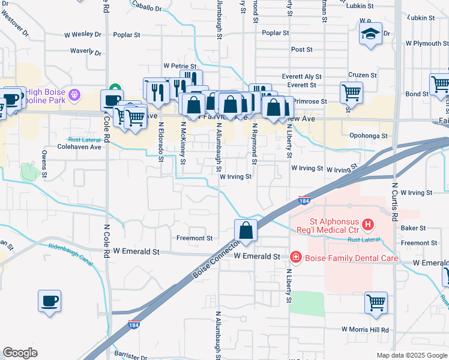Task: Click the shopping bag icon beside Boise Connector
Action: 246,230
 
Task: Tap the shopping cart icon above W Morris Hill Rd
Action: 376,303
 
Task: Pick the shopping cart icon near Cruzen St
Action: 351,93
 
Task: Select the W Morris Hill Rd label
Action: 365,330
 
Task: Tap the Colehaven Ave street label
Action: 79,146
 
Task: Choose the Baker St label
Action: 413,228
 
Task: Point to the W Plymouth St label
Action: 427,43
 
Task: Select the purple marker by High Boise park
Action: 74,94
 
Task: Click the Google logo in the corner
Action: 20,353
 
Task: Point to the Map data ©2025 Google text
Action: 411,355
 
